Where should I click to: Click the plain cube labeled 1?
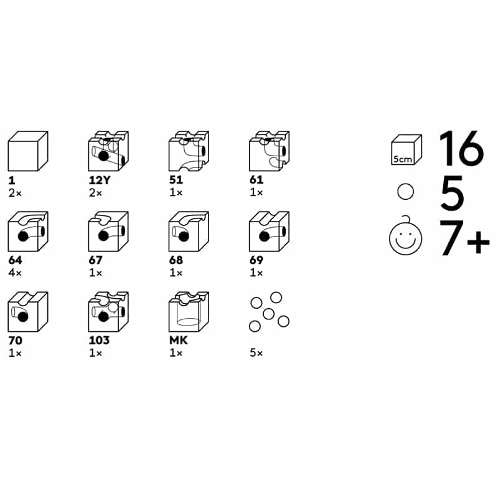coord(28,151)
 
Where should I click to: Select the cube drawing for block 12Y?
coord(108,151)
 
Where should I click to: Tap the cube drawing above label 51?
coord(189,151)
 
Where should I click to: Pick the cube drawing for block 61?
coord(269,151)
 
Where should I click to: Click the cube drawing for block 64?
coord(28,232)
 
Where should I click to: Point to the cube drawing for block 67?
coord(108,232)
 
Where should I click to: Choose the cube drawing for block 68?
coord(189,232)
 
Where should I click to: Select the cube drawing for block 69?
coord(269,232)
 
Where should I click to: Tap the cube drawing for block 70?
coord(28,312)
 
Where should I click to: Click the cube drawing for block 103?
coord(108,312)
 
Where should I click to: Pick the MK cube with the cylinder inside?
coord(189,312)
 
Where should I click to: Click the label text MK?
coord(179,341)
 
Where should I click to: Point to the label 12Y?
coord(100,181)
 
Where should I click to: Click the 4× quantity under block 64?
coord(15,273)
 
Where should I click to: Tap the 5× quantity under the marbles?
coord(256,353)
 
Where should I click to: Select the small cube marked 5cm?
coord(406,150)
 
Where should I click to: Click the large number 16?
coord(462,148)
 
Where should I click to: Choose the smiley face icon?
coord(406,237)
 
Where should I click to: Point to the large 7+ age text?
coord(464,237)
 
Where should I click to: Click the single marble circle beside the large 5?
coord(406,192)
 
